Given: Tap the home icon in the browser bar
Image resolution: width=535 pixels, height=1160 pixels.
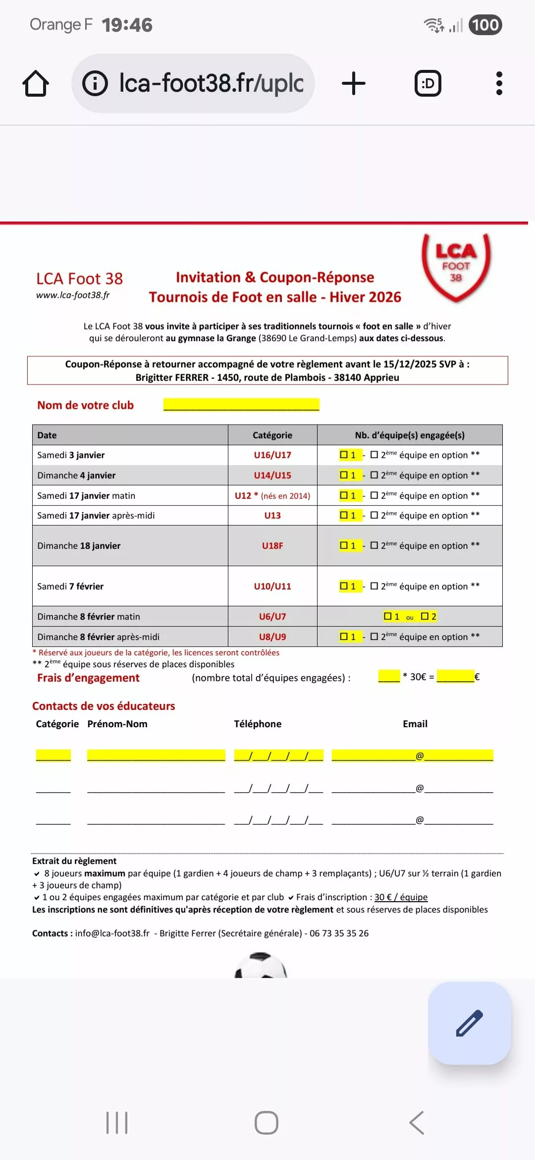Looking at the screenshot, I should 36,83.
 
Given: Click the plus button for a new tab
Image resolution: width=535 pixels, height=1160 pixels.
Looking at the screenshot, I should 354,83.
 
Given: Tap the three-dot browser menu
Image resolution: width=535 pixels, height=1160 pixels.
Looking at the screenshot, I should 499,83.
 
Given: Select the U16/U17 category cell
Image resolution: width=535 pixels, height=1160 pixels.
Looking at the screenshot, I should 272,455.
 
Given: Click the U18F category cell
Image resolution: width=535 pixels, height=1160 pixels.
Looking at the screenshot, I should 272,546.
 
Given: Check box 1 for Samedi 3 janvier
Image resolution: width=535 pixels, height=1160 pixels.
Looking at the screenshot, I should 344,455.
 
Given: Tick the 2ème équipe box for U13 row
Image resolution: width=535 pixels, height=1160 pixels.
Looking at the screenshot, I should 374,515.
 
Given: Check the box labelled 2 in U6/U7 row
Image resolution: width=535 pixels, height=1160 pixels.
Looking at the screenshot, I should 425,616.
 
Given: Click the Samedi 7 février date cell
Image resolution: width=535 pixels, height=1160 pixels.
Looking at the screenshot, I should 130,586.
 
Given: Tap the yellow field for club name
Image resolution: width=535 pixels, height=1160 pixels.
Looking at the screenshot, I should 241,405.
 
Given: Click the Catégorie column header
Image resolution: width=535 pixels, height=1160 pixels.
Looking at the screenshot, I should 272,435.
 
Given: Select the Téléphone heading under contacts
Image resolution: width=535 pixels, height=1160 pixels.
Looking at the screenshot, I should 258,724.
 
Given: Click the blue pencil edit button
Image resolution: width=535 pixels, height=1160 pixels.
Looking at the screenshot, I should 469,1023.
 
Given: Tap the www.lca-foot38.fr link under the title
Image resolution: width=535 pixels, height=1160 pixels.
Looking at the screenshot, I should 73,295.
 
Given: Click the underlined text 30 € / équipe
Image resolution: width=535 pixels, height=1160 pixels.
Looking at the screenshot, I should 401,897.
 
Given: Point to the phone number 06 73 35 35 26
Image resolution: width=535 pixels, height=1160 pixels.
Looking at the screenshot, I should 339,933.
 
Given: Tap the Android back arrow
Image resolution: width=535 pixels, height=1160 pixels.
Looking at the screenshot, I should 417,1123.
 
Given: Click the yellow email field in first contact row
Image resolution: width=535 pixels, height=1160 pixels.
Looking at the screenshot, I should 412,755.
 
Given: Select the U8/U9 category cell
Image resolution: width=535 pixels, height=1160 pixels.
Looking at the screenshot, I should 272,637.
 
